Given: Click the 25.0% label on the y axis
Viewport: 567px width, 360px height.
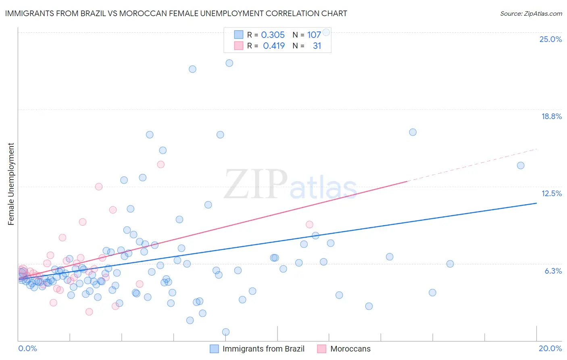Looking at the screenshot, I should point(550,39).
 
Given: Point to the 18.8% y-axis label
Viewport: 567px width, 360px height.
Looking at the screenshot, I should point(551,116).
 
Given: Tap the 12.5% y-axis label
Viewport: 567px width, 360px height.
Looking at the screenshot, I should point(551,193).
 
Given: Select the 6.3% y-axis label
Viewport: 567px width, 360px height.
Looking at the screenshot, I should point(553,271).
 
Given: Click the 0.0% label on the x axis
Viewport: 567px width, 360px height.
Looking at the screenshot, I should point(27,348).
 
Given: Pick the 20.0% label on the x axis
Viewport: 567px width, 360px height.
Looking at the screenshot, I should point(550,348).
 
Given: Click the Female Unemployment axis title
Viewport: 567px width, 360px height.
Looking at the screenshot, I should point(11,184).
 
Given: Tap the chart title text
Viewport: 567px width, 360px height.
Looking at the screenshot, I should point(176,13).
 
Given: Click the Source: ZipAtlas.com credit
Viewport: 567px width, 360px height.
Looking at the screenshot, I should point(531,13).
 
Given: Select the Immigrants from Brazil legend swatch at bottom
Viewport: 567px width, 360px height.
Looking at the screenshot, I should point(214,349).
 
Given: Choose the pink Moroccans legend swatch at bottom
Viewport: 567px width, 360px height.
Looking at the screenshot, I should point(321,349).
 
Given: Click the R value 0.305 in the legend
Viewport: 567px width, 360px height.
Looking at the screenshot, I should point(273,35).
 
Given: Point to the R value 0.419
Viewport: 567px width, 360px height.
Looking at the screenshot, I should point(274,46).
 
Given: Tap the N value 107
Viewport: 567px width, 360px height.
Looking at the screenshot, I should point(314,35).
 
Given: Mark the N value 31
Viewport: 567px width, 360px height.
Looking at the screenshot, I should point(317,46).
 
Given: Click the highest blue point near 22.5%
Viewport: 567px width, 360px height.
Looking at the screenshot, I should point(229,63).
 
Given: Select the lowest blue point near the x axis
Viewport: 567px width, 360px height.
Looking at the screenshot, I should point(226,332).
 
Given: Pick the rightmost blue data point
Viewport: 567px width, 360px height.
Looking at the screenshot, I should point(521,165).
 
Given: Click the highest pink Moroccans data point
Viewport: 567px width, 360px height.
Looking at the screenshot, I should point(161,164).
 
